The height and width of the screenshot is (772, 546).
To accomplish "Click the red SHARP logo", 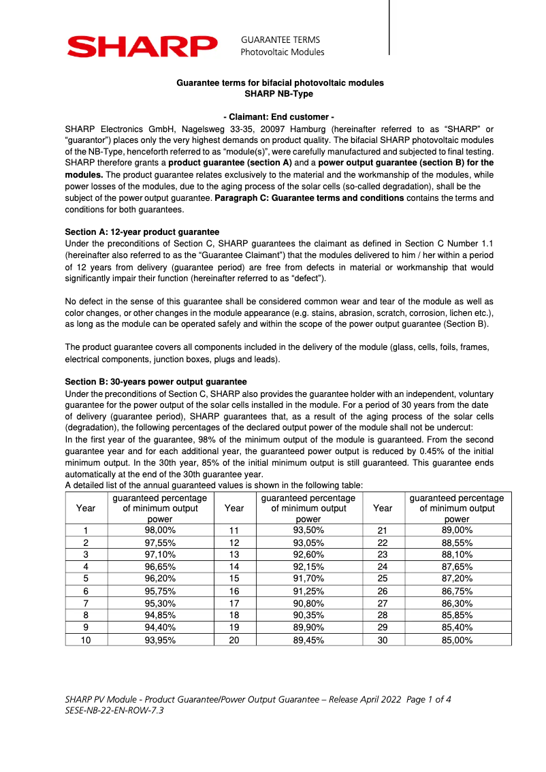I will (x=142, y=46).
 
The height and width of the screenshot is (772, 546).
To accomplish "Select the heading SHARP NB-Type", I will (x=279, y=93).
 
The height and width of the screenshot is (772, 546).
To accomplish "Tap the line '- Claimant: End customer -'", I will (x=279, y=117).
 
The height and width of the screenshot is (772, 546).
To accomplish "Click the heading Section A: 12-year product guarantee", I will (x=142, y=232).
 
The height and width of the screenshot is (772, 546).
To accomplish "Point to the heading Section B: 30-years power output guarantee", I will (x=155, y=382).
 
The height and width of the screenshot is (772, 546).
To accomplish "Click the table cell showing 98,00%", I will (x=160, y=530).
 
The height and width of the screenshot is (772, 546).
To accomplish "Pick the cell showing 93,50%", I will (x=308, y=530).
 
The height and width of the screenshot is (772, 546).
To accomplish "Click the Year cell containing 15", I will (x=234, y=579).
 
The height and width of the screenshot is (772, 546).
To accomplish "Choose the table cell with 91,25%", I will (x=308, y=591).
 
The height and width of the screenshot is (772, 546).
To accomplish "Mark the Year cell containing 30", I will (x=383, y=640).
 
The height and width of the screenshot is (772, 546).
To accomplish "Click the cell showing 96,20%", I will (x=160, y=579).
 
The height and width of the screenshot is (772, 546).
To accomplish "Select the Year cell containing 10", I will (x=86, y=640).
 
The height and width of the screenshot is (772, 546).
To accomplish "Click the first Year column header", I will (x=86, y=508).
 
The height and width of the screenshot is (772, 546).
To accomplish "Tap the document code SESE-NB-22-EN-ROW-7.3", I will (x=114, y=710).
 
